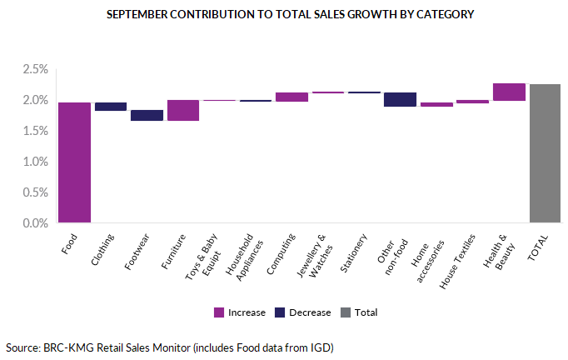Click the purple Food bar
coord(74,162)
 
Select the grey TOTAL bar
coord(545,153)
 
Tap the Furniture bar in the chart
coord(183,110)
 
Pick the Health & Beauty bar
coord(509,92)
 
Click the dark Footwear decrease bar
coord(147,115)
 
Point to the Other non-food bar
coord(400,99)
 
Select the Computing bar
coord(291,97)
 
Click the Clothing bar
coord(111,106)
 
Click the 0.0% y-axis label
coord(33,223)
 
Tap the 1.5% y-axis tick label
coord(33,131)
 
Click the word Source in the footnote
coord(22,347)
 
